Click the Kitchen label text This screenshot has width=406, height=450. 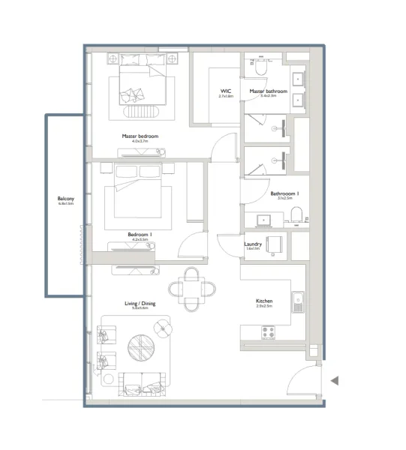tap(263, 301)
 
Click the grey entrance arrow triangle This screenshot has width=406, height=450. tap(335, 381)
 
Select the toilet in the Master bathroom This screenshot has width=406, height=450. tap(260, 67)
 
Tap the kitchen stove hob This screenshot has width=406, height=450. tap(267, 331)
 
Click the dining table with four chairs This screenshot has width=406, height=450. tap(194, 289)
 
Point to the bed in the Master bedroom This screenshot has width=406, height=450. tap(141, 86)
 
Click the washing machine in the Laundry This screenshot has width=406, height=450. tap(275, 244)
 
